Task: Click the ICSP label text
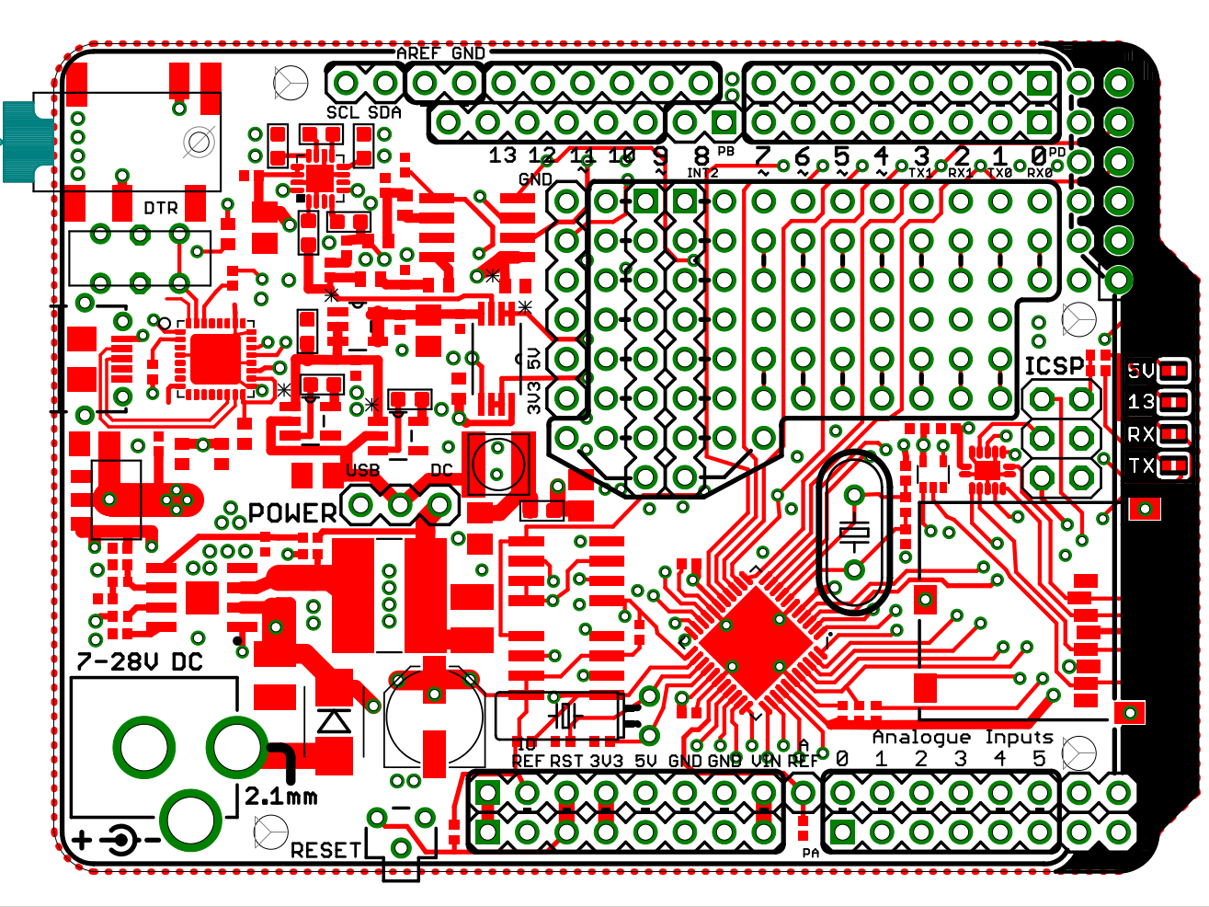click(1054, 366)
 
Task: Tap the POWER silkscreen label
click(292, 512)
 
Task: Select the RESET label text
click(326, 850)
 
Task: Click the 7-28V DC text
click(139, 661)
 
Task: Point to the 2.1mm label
click(280, 797)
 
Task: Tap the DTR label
click(161, 209)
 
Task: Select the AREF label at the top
click(418, 53)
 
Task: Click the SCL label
click(343, 112)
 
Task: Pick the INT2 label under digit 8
click(702, 173)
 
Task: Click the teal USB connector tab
click(17, 142)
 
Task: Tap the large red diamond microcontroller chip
click(756, 643)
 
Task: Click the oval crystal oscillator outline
click(853, 532)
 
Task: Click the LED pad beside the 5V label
click(1172, 372)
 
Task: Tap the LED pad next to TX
click(1172, 465)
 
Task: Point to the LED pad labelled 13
click(1172, 403)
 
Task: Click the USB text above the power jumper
click(362, 470)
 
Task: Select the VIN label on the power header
click(765, 761)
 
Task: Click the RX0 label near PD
click(1040, 173)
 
